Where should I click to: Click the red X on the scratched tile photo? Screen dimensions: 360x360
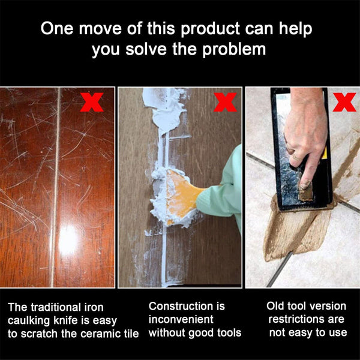(92, 102)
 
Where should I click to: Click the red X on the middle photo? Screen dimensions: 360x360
(225, 103)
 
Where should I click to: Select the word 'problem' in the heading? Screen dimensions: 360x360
(232, 49)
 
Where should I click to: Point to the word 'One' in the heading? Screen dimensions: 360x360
(57, 29)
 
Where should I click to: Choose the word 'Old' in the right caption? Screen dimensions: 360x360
(277, 306)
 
